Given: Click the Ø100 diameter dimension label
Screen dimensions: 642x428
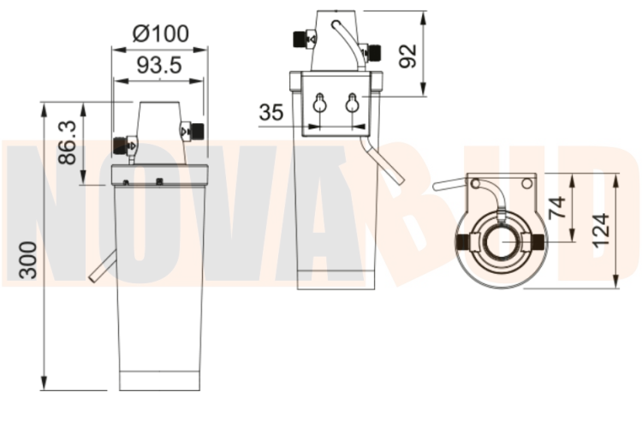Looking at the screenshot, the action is click(161, 33).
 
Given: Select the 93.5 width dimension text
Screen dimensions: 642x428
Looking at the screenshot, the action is click(159, 65).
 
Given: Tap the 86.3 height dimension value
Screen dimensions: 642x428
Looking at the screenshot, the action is click(67, 143).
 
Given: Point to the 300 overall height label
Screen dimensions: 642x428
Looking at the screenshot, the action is click(28, 260).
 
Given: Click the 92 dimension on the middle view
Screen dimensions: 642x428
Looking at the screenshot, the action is click(407, 56).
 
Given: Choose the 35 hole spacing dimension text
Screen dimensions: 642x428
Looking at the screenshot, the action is click(271, 112).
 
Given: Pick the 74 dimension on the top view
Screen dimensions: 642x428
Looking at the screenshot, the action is click(557, 208).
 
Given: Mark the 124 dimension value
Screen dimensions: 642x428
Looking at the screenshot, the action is click(602, 230).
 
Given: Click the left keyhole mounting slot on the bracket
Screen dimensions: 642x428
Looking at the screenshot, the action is click(320, 103).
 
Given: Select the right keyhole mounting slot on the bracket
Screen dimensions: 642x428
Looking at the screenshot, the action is click(352, 103).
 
